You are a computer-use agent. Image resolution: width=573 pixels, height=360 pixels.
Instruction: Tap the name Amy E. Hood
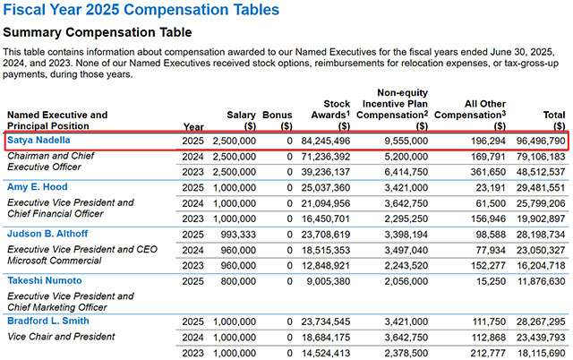tap(37, 185)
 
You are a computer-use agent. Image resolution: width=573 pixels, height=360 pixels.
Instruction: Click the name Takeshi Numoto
tap(44, 280)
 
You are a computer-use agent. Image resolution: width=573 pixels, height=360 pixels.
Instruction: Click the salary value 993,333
tap(235, 234)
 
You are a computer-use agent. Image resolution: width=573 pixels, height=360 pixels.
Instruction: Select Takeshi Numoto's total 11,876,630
tap(535, 280)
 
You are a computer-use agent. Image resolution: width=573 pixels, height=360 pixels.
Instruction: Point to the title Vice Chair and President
tap(61, 337)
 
